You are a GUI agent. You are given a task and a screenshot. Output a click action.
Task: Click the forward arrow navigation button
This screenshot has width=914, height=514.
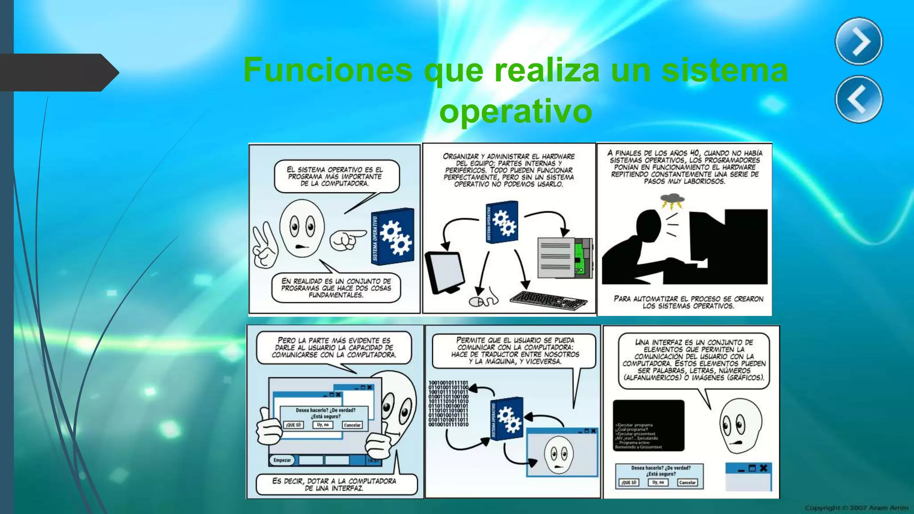(x=859, y=41)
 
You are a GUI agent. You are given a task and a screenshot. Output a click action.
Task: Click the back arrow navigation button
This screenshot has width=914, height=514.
(x=859, y=99)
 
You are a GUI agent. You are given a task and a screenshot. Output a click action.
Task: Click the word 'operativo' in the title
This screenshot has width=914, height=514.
(x=515, y=112)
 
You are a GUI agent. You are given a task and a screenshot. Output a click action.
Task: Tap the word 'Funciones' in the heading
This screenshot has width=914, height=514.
(x=328, y=70)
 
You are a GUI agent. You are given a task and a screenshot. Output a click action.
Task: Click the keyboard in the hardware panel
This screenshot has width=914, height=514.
(x=548, y=300)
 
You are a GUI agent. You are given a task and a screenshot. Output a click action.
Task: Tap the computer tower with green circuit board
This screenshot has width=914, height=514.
(x=565, y=257)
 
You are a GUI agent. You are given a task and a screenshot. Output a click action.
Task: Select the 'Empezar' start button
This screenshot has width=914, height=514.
(x=282, y=460)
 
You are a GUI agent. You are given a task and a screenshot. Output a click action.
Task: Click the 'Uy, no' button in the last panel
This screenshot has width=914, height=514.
(x=658, y=482)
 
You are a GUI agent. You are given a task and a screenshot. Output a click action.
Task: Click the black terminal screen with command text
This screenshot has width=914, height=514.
(x=648, y=425)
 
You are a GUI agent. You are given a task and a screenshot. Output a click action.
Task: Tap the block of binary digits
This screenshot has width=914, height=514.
(x=448, y=403)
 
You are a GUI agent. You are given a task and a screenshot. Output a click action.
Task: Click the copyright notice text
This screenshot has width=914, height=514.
(x=856, y=507)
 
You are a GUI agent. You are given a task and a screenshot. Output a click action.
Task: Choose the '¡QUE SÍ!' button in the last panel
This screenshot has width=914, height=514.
(x=629, y=482)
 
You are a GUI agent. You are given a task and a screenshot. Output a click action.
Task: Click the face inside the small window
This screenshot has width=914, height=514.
(x=558, y=455)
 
